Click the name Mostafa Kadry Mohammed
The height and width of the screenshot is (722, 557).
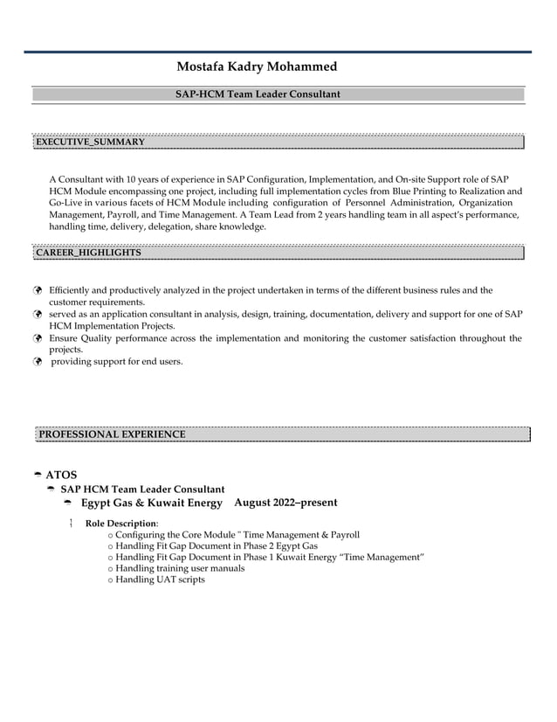point(256,66)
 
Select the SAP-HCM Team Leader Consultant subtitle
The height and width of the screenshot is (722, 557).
point(258,94)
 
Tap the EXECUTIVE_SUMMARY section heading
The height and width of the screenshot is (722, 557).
point(89,141)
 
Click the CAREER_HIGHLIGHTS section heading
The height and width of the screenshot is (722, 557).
point(87,252)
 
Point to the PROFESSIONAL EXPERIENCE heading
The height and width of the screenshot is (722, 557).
point(112,434)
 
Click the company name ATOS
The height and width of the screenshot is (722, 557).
point(61,475)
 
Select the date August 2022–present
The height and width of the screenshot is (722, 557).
point(285,503)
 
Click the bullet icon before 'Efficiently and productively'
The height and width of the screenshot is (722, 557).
point(38,291)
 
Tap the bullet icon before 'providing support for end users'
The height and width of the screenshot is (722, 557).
point(38,360)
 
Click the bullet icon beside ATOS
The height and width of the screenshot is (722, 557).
point(38,476)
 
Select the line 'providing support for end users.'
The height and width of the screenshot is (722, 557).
point(117,360)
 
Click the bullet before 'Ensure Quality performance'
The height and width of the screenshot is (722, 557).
point(38,338)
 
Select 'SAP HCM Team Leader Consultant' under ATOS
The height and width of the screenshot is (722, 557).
point(141,489)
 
